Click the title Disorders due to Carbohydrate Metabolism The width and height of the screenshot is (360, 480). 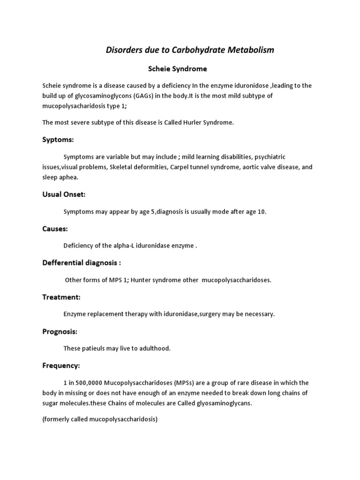(189, 50)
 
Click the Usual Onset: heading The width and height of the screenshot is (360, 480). (64, 194)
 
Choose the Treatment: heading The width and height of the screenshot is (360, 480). (61, 297)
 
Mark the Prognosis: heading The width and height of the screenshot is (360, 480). (60, 331)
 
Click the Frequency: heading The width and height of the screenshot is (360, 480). (61, 365)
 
